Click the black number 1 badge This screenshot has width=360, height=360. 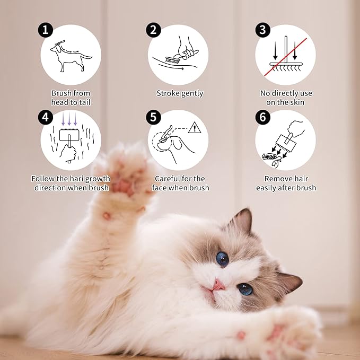tap(46, 30)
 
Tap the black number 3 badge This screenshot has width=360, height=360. tap(262, 30)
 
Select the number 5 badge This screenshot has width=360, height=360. tap(153, 117)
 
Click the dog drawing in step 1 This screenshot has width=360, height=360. tap(71, 56)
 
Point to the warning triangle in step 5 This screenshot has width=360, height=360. tap(195, 128)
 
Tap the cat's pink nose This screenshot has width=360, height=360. tap(218, 286)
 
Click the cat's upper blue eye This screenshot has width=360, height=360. tap(222, 259)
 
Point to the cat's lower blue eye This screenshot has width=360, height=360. tap(245, 289)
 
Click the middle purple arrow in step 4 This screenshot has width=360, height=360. tap(69, 119)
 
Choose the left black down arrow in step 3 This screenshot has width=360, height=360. tap(275, 51)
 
